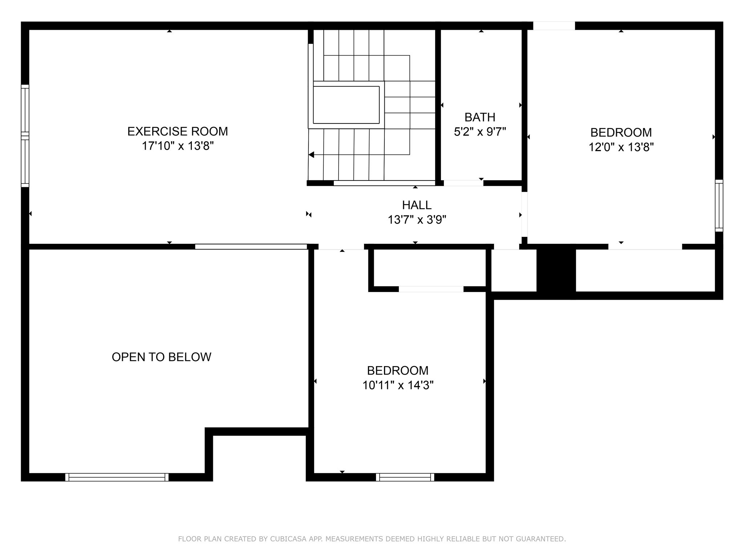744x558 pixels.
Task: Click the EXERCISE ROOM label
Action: (177, 131)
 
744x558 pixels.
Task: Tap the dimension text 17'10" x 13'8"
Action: (177, 146)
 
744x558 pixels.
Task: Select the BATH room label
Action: (480, 117)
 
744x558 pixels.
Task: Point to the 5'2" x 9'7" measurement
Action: (480, 132)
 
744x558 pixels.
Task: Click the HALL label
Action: (416, 205)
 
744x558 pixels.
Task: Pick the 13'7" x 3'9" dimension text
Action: (416, 220)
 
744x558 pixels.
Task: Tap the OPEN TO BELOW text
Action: (161, 357)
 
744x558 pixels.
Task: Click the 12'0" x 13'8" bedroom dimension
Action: (621, 147)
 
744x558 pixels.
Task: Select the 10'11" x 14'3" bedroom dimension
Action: (398, 385)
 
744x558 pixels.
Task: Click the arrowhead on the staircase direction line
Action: (311, 155)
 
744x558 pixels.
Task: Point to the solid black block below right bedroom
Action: (556, 271)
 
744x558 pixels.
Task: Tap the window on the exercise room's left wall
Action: (25, 136)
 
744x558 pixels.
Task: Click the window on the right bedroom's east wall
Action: (719, 206)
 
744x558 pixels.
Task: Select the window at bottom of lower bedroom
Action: (405, 477)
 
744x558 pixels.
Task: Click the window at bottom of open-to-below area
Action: (117, 477)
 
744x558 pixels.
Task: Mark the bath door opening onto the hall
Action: (463, 183)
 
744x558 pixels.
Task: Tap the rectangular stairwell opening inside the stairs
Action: (346, 105)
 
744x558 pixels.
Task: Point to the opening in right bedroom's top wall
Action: (554, 26)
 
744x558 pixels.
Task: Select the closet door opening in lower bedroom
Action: (431, 289)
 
